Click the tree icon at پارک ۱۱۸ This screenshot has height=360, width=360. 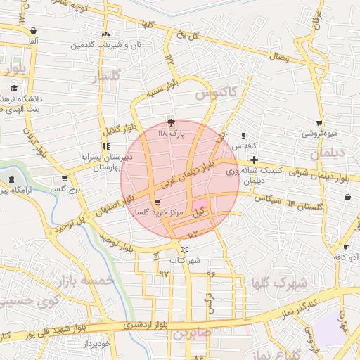pos(172,122)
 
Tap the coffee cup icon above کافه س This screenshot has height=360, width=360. pos(244,135)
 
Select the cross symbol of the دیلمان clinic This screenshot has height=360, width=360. pos(254,160)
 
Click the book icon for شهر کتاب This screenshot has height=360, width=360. pos(184,250)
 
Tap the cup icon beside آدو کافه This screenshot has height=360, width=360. pos(345,247)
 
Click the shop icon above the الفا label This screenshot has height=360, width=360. pos(34,31)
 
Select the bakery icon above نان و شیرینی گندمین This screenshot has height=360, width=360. pos(105,34)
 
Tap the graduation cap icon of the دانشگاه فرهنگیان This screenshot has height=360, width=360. pos(14,89)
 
